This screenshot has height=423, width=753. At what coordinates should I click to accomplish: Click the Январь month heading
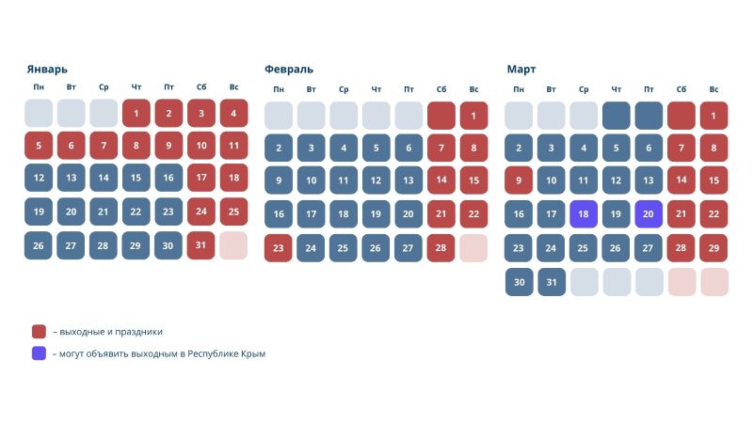click(x=47, y=69)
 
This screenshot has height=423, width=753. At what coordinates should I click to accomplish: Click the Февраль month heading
click(x=289, y=69)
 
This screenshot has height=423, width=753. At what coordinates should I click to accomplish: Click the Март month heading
click(x=521, y=69)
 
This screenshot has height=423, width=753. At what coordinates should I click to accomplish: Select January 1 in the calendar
click(x=136, y=114)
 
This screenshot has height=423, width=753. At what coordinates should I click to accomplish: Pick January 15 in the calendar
click(x=136, y=180)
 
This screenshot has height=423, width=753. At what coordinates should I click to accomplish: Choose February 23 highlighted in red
click(x=279, y=247)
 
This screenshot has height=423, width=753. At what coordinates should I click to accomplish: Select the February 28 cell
click(x=441, y=247)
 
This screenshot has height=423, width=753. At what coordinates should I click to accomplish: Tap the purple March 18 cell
click(x=584, y=214)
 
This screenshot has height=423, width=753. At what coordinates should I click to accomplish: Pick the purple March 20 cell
click(x=649, y=214)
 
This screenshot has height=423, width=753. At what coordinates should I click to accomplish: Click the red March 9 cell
click(x=519, y=180)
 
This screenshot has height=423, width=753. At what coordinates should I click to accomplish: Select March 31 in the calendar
click(x=551, y=281)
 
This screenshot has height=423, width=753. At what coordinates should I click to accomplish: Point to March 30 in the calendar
click(x=519, y=281)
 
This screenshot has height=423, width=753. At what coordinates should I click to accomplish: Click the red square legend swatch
click(x=39, y=331)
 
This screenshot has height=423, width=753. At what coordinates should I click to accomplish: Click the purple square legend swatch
click(x=39, y=353)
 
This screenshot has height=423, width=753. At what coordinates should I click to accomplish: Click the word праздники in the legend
click(x=141, y=332)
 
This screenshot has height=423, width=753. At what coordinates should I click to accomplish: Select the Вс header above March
click(x=714, y=89)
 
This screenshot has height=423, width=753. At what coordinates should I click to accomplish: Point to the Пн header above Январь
click(x=39, y=87)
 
